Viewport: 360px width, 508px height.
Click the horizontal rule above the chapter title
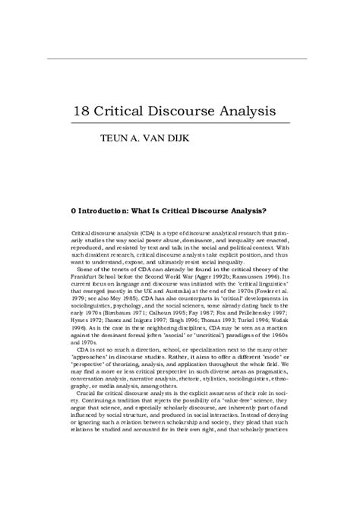coord(179,58)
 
